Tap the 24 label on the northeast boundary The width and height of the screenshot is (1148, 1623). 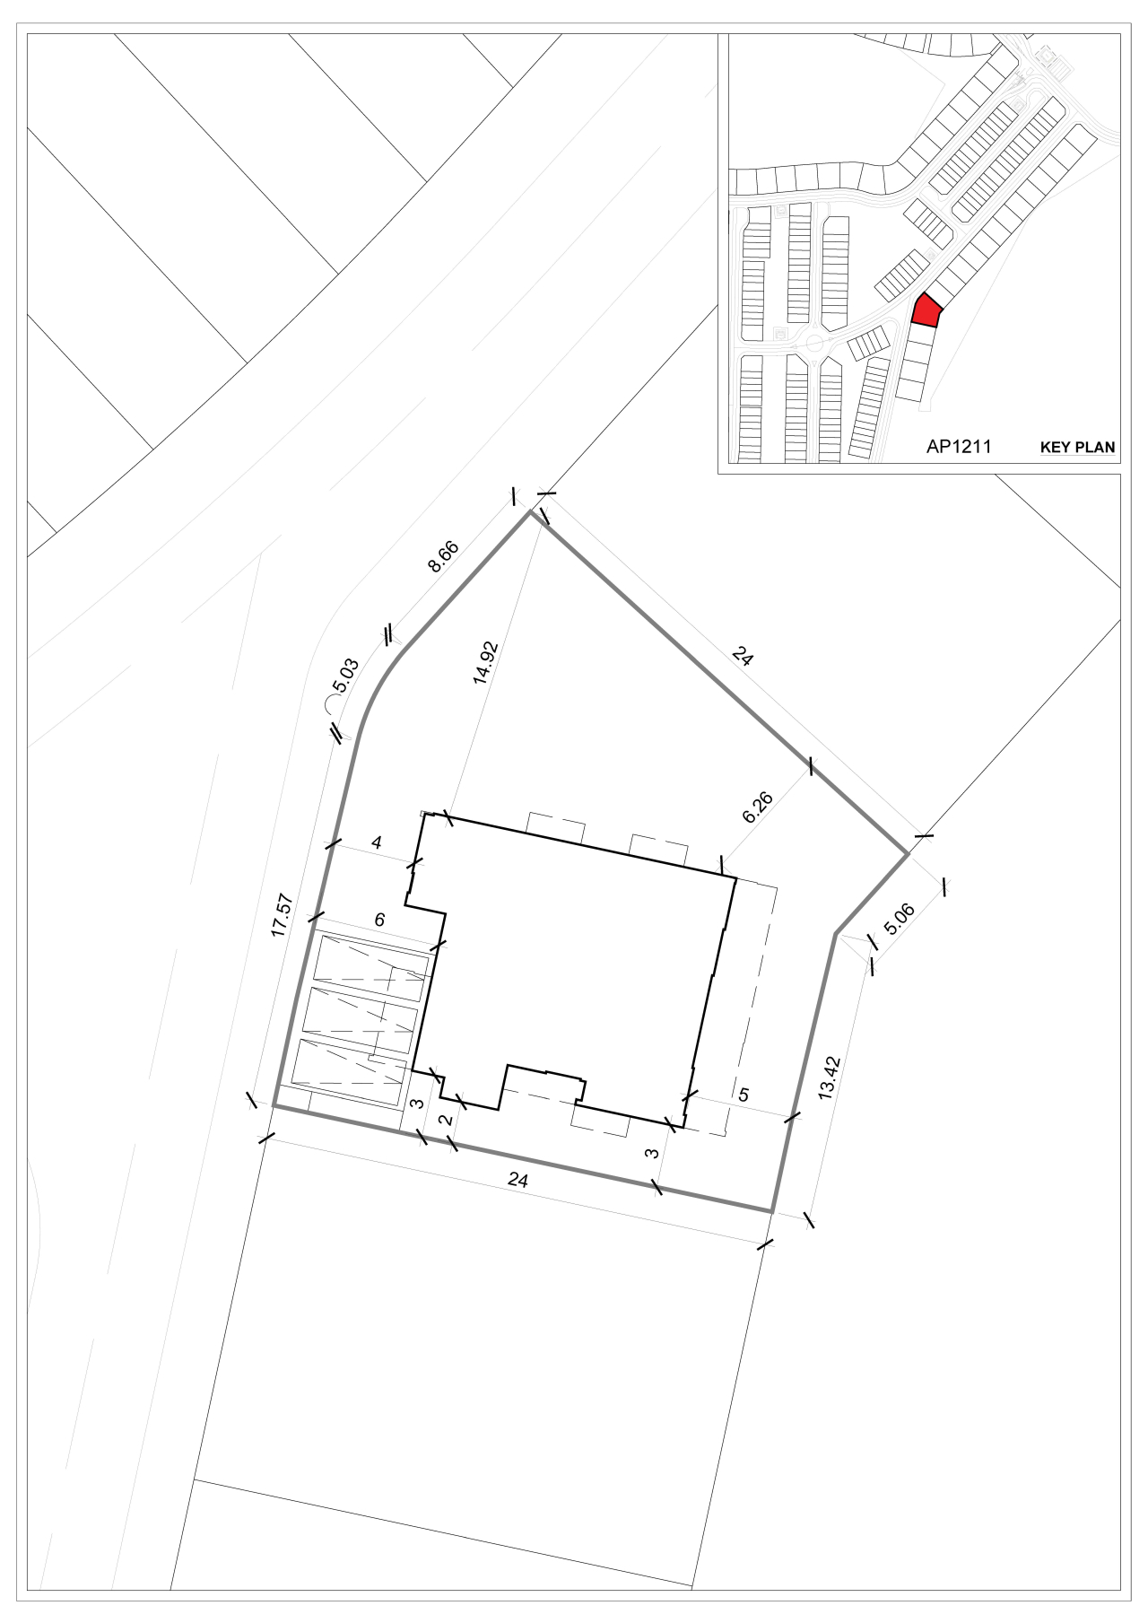(743, 657)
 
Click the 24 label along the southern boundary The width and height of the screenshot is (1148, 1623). (517, 1180)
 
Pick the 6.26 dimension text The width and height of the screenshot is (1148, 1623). (758, 807)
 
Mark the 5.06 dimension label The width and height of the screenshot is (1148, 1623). (899, 920)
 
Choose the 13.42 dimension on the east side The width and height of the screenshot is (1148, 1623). (830, 1078)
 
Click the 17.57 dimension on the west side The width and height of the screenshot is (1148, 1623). (283, 915)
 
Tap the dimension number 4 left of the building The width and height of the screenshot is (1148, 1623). (377, 842)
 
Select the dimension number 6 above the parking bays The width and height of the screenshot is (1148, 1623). (379, 920)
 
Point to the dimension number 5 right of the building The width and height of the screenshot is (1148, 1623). (743, 1095)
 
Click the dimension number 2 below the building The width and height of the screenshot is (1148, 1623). (444, 1121)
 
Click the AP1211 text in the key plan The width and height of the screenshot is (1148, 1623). (959, 446)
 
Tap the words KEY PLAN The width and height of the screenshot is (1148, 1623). (1077, 447)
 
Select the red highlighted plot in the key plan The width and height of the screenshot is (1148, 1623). (926, 310)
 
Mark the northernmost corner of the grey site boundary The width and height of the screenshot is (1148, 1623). (530, 511)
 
